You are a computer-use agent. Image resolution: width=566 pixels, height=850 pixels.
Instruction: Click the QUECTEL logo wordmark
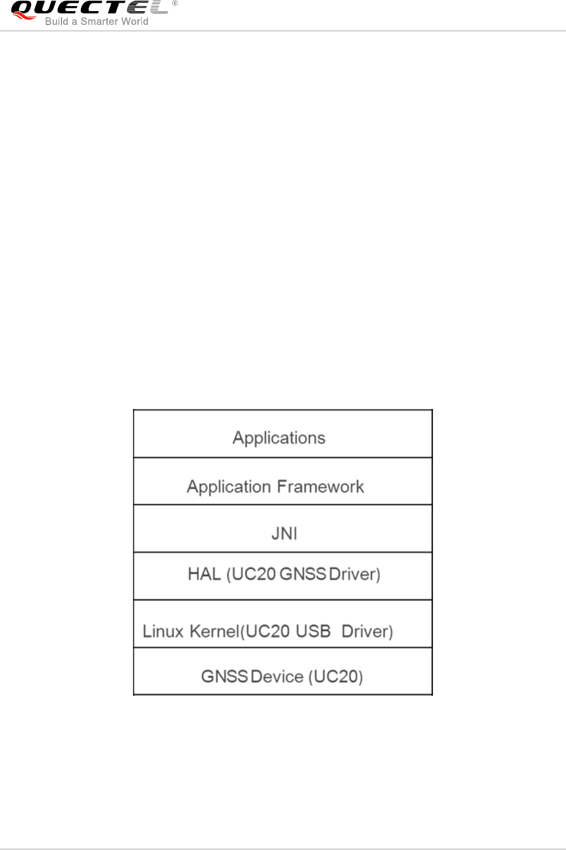click(x=89, y=8)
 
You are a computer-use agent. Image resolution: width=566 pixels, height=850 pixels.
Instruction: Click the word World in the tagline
click(x=134, y=22)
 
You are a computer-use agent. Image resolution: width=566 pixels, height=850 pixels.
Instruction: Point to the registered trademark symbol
click(x=175, y=3)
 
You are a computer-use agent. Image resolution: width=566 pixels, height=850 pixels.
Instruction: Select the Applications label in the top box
click(x=279, y=438)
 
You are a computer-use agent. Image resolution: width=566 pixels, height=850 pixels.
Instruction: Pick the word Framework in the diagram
click(x=320, y=487)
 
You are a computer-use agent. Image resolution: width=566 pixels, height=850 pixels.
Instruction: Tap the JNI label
click(x=284, y=533)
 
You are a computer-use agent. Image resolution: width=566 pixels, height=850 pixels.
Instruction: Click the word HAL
click(x=204, y=574)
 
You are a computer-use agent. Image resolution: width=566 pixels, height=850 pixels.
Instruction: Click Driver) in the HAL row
click(x=355, y=574)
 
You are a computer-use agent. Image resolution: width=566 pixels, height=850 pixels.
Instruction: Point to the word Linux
click(x=163, y=631)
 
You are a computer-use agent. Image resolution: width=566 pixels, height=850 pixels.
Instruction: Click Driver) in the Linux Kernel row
click(x=367, y=631)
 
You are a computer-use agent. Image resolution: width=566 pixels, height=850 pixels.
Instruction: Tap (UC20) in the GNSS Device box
click(x=336, y=677)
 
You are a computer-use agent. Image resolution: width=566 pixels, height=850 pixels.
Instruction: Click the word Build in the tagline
click(x=57, y=22)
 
